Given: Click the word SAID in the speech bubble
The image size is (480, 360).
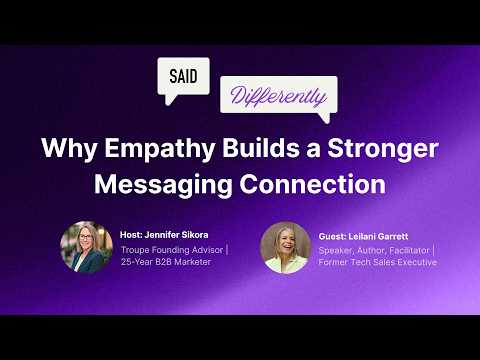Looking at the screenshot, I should pyautogui.click(x=183, y=75).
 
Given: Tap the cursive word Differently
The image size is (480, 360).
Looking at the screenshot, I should pyautogui.click(x=278, y=98).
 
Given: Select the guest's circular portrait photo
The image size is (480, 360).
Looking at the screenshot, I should pyautogui.click(x=285, y=247).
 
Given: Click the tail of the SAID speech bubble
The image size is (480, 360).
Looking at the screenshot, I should pyautogui.click(x=169, y=100).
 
